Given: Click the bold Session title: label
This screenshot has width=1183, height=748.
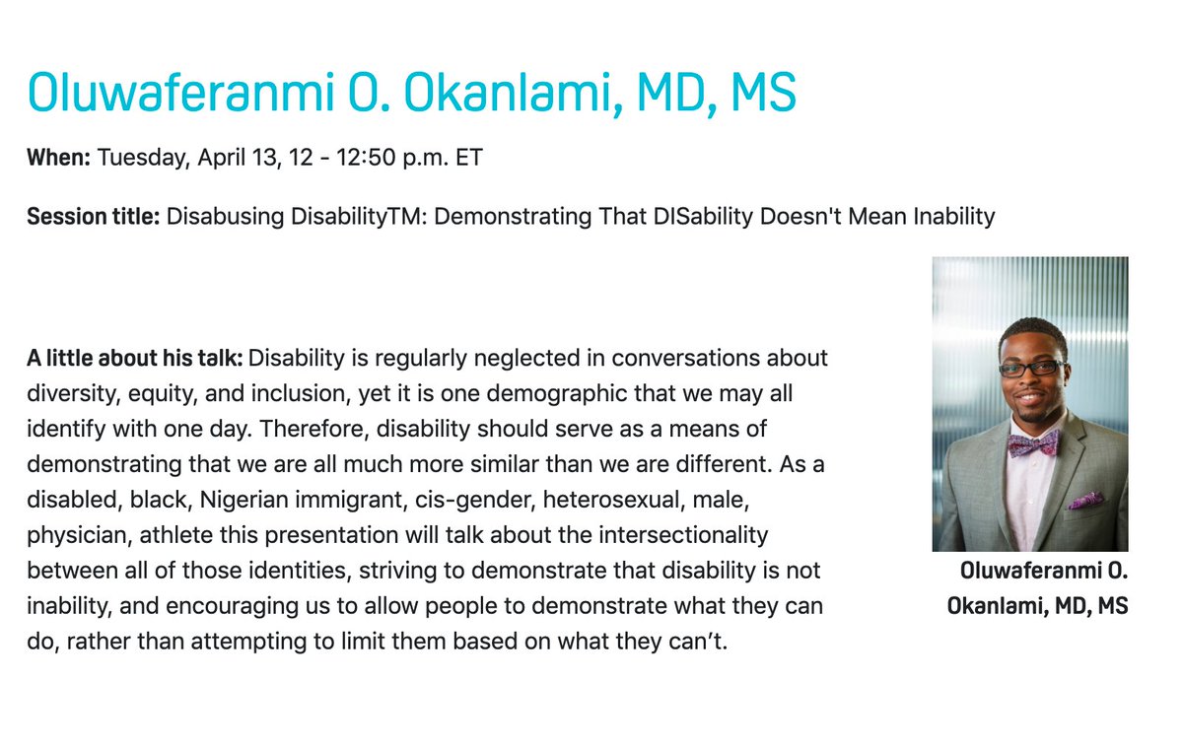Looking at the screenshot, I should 93,216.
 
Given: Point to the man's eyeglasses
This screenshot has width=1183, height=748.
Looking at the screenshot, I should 1031,369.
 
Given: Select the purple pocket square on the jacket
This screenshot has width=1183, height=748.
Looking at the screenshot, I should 1086,501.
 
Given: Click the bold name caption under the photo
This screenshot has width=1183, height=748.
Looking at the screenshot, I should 1037,588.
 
